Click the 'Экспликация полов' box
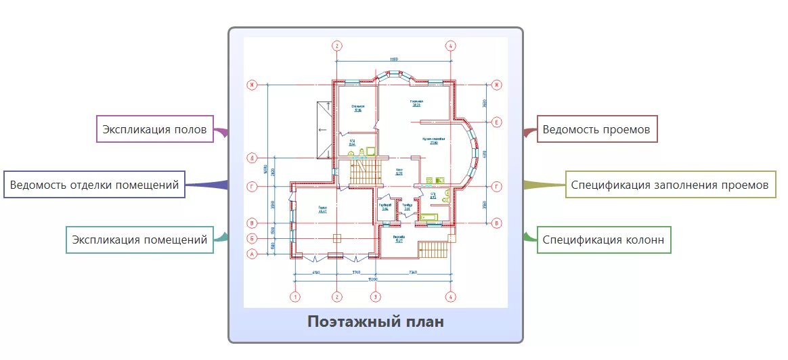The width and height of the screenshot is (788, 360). click(x=155, y=129)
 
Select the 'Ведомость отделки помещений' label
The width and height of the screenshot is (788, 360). click(x=94, y=184)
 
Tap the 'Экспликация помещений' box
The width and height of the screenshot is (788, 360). click(x=139, y=239)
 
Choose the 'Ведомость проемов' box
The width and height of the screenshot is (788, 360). click(x=598, y=129)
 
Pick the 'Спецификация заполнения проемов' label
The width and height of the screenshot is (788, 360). click(x=670, y=184)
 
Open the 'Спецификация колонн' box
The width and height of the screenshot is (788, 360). click(x=603, y=240)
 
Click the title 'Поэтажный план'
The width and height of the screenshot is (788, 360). click(x=376, y=321)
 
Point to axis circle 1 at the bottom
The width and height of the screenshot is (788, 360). click(x=294, y=296)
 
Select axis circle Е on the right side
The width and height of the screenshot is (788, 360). click(x=497, y=122)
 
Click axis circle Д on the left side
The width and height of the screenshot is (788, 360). click(x=252, y=158)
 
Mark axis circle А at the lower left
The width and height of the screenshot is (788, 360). click(x=252, y=254)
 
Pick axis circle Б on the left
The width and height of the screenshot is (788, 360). click(x=252, y=238)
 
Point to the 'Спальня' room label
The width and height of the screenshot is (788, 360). click(x=357, y=108)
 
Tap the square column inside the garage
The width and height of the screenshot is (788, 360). click(x=336, y=238)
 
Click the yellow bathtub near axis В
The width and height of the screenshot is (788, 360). click(x=429, y=217)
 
